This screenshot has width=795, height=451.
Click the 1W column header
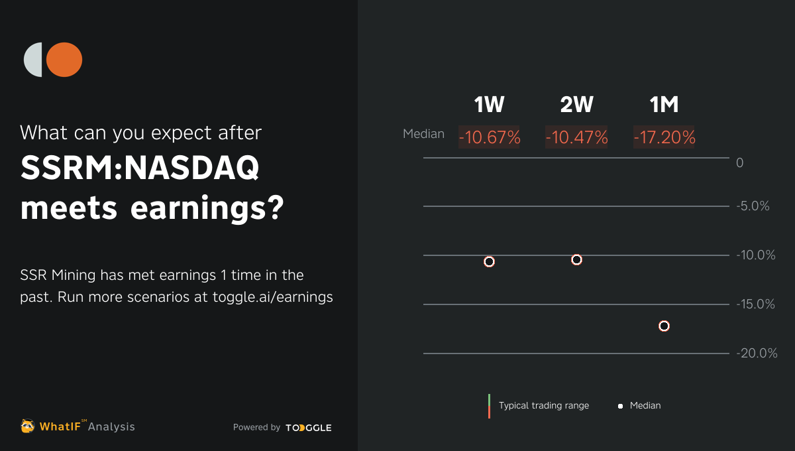click(489, 105)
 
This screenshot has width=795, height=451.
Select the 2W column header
click(576, 105)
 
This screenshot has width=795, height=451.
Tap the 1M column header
click(664, 105)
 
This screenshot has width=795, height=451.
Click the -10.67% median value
click(490, 137)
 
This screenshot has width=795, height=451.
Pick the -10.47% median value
click(577, 137)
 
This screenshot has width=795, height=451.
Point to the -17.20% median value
click(664, 137)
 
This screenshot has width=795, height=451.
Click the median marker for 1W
click(489, 261)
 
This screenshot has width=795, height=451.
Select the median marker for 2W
click(576, 259)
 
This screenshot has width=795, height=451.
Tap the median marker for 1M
click(664, 326)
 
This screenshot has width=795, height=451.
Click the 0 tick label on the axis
click(740, 162)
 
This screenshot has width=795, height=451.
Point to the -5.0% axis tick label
click(753, 206)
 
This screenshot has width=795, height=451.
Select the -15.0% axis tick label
click(755, 304)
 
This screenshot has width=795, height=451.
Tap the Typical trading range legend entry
click(543, 405)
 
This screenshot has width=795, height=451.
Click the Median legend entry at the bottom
click(645, 405)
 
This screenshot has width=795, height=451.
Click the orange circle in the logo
click(65, 60)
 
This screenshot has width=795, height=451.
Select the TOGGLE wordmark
click(309, 428)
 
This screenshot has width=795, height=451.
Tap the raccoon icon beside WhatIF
click(28, 426)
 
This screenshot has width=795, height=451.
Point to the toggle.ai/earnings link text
click(272, 297)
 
